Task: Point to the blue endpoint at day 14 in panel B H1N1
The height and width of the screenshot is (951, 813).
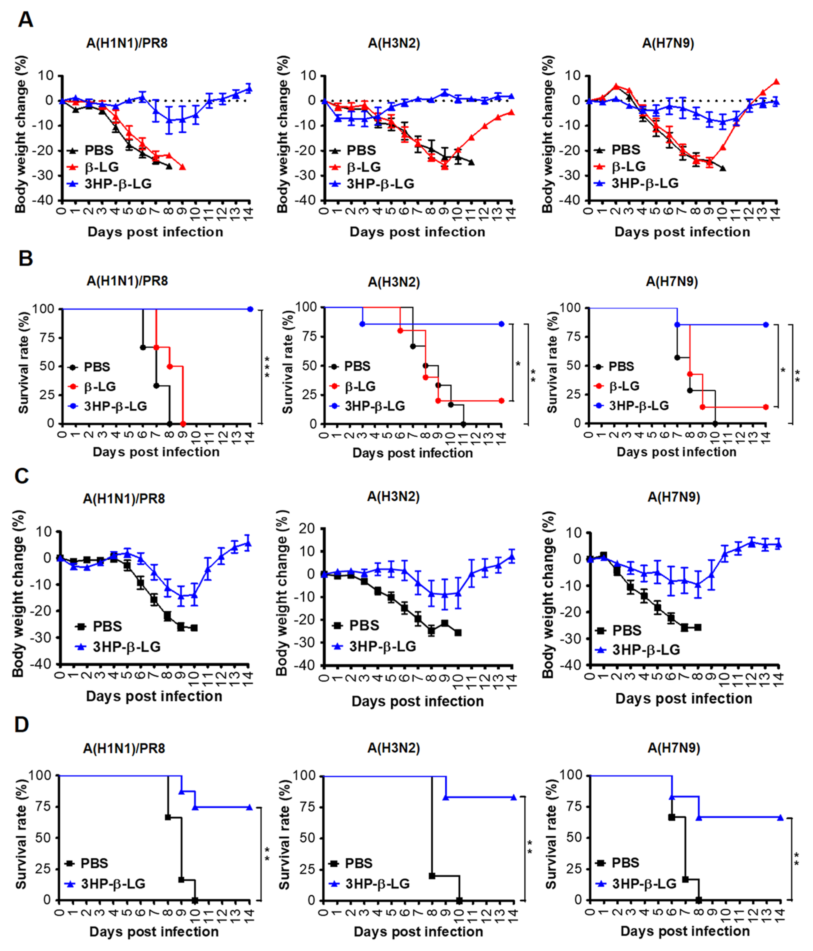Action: [250, 309]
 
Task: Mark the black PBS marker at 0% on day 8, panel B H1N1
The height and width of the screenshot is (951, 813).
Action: [170, 423]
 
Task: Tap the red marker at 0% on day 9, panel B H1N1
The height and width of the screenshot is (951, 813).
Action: [183, 423]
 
